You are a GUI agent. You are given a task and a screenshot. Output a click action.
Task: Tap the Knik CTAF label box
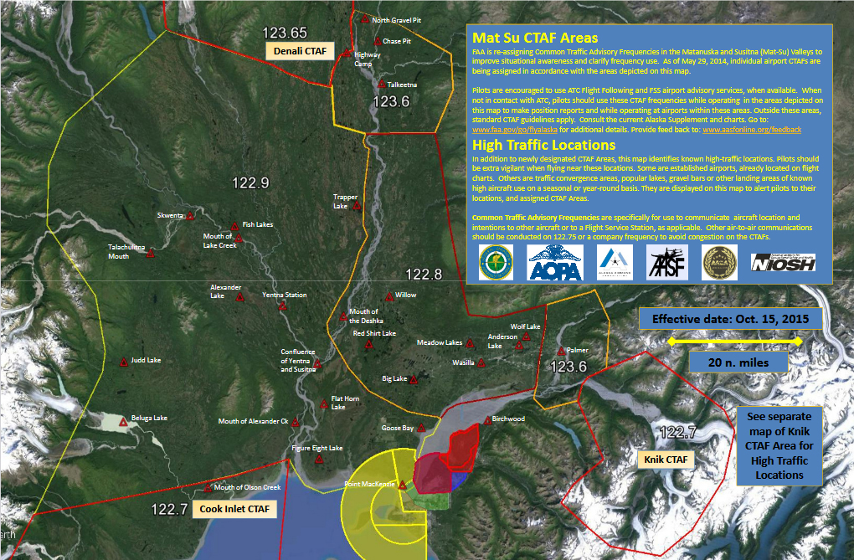tap(666, 460)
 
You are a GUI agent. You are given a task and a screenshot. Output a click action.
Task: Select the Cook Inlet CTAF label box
tap(235, 508)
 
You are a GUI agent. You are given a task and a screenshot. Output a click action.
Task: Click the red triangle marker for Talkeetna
tap(382, 84)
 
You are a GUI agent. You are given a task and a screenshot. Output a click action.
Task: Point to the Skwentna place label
tap(170, 215)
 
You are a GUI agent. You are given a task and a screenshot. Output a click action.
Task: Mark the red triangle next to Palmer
tap(560, 352)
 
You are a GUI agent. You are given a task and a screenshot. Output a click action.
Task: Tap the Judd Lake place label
tap(146, 361)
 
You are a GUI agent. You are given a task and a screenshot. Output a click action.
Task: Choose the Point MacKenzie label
tap(369, 485)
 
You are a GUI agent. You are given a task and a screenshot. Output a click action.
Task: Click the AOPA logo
tap(554, 262)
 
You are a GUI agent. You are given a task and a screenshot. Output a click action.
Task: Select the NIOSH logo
tap(783, 263)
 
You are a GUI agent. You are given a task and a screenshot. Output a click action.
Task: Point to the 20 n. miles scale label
tap(737, 362)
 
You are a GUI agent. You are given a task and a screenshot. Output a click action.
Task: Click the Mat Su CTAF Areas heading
tap(535, 38)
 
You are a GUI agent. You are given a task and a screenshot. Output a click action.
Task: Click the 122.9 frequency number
tap(251, 183)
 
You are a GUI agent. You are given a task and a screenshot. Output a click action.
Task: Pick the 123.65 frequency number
tap(285, 33)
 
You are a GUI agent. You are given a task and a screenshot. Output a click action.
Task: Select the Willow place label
tap(405, 295)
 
